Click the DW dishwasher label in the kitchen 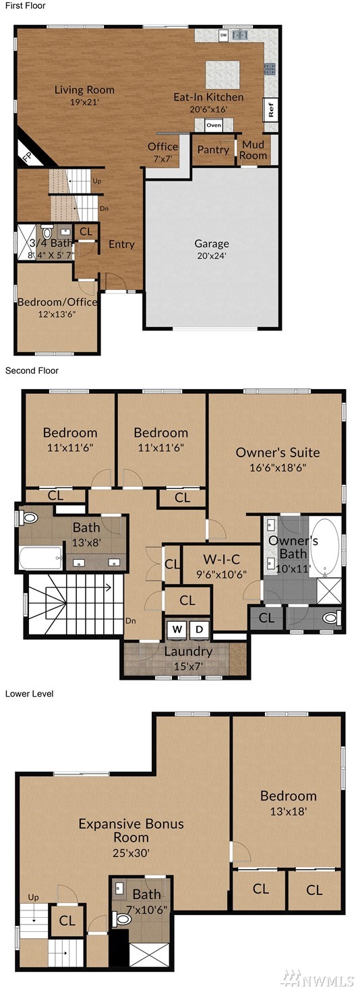click(224, 34)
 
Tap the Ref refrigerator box click(270, 109)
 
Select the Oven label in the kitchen click(214, 125)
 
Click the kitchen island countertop click(222, 74)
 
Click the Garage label click(212, 243)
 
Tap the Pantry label click(213, 150)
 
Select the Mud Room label click(253, 150)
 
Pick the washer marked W click(177, 629)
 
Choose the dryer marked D click(200, 629)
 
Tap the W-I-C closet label click(221, 560)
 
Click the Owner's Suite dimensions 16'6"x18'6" click(278, 467)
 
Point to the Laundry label click(188, 651)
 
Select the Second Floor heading click(32, 370)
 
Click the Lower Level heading click(30, 693)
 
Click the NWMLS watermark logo click(318, 978)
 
